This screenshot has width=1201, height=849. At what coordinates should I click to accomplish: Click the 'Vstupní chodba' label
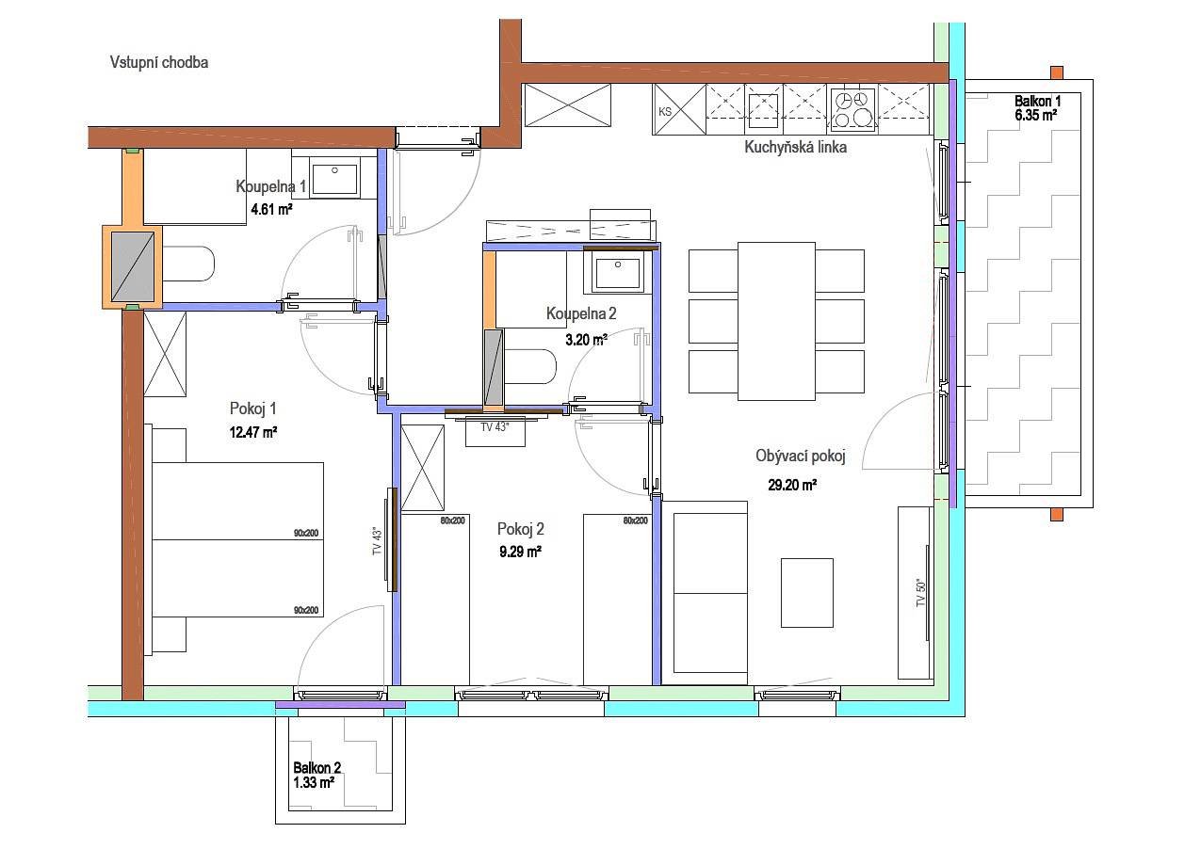click(x=159, y=63)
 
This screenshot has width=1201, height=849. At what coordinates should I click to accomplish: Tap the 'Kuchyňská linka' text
click(x=796, y=147)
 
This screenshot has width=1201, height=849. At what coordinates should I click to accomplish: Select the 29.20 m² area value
click(x=792, y=485)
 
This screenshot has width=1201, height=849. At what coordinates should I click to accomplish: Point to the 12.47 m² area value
click(x=253, y=432)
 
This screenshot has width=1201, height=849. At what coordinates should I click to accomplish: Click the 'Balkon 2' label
click(x=316, y=767)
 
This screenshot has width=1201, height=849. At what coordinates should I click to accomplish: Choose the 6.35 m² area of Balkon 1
click(x=1035, y=115)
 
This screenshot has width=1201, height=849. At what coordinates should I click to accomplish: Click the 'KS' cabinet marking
click(x=665, y=112)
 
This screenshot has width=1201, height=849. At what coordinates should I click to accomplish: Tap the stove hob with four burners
click(x=853, y=109)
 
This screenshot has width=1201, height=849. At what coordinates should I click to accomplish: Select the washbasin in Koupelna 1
click(x=335, y=179)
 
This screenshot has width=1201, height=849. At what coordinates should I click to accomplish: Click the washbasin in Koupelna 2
click(x=618, y=273)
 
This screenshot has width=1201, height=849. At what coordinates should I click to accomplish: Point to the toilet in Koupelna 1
click(x=188, y=264)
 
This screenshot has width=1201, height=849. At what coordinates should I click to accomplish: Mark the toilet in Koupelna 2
click(x=530, y=366)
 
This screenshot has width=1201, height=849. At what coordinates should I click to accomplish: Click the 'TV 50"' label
click(x=920, y=592)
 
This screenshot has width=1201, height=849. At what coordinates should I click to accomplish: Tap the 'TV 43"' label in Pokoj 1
click(x=378, y=540)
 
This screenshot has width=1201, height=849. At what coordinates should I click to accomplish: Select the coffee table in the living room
click(x=807, y=592)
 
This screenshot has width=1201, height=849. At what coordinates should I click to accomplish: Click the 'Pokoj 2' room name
click(x=521, y=529)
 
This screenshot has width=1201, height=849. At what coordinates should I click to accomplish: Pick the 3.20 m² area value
click(x=586, y=339)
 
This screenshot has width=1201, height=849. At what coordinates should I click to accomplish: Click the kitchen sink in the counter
click(x=763, y=111)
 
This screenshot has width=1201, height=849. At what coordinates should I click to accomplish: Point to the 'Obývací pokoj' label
click(x=801, y=456)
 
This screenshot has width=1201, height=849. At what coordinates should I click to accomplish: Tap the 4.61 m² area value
click(x=272, y=209)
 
